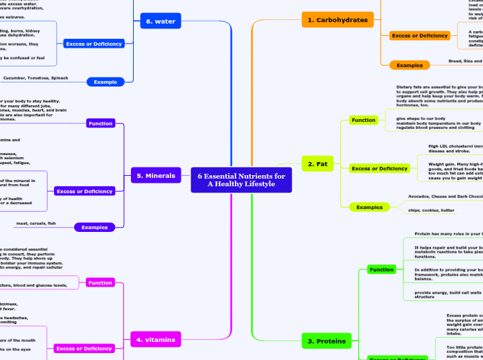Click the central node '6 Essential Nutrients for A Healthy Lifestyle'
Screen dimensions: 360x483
tap(241, 180)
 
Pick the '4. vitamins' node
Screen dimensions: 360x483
tap(155, 339)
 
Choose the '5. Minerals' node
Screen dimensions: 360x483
tap(157, 176)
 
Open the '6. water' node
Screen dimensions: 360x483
tap(161, 21)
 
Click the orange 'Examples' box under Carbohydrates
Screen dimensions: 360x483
tap(410, 65)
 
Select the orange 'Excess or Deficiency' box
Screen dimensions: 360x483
tap(419, 35)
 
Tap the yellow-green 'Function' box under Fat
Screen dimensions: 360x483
tap(363, 120)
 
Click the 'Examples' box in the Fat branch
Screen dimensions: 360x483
tap(369, 207)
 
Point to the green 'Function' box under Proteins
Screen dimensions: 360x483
tap(381, 269)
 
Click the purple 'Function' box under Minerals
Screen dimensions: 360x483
tap(100, 123)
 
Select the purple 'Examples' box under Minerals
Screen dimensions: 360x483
tap(94, 227)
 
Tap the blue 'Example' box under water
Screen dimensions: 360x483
tap(105, 82)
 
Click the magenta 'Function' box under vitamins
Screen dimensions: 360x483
tap(100, 282)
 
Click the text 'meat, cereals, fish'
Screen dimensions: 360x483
tap(36, 224)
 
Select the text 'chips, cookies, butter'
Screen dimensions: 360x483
tap(430, 210)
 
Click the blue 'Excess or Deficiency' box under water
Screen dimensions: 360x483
tap(94, 44)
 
